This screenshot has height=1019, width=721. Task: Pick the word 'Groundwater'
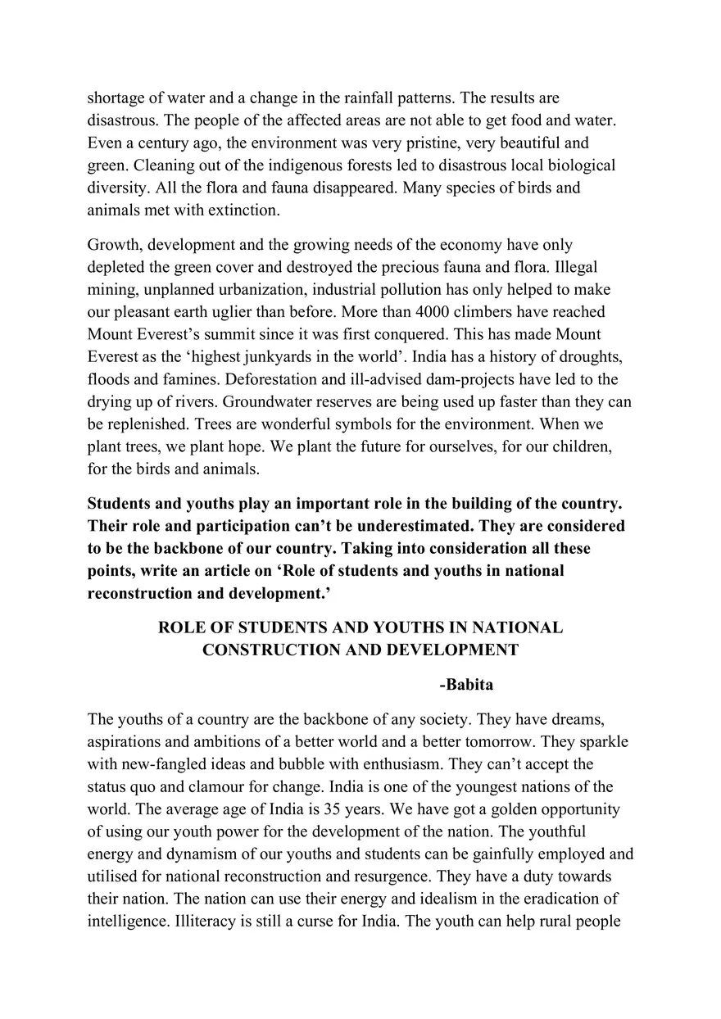[264, 402]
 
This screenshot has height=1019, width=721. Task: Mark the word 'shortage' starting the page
[115, 98]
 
